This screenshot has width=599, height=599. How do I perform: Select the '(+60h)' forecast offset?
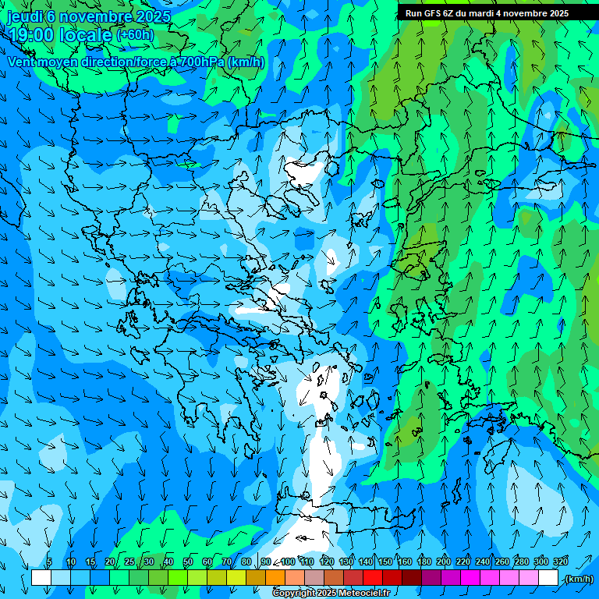point(135,35)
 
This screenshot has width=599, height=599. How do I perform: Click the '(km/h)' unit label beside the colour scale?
point(578,579)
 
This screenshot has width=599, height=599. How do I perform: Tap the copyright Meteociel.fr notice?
point(331,594)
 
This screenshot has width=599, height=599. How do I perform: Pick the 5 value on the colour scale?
point(49,562)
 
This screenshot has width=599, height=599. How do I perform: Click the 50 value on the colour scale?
point(188,562)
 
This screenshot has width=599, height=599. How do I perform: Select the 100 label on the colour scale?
point(287,562)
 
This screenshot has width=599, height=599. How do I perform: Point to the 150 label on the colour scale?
point(385,562)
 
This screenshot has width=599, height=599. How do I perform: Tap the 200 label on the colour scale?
point(444,562)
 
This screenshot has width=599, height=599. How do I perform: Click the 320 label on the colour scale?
point(560,562)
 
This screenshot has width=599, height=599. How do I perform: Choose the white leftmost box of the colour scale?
point(41,578)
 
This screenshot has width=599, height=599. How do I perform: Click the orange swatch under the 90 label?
point(275,578)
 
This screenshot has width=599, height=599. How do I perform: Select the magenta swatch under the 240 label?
point(490,578)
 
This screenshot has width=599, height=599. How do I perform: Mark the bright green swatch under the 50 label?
point(178,578)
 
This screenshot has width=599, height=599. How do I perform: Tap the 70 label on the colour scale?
point(227,562)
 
